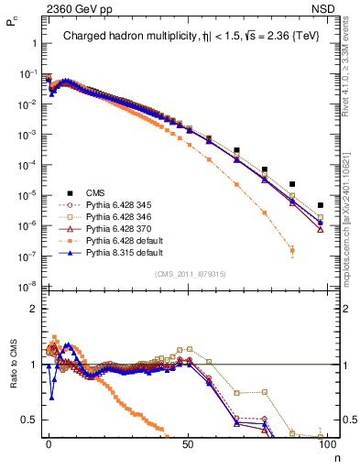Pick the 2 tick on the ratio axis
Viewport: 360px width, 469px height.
coord(32,309)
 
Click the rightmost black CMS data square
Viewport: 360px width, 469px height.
coord(320,205)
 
